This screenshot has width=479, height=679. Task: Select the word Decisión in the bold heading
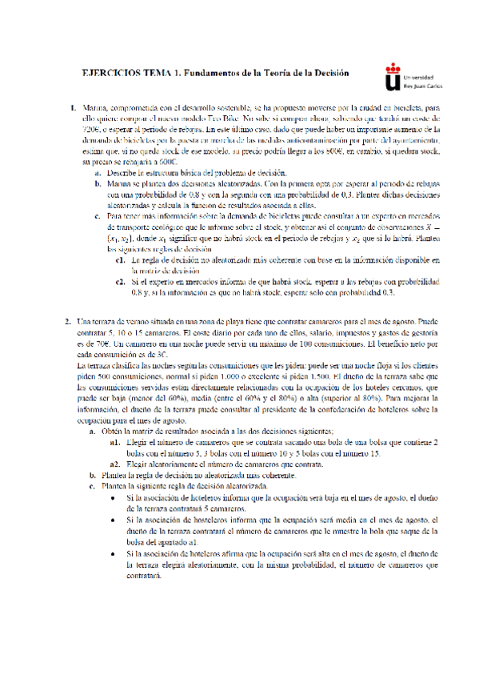click(x=329, y=73)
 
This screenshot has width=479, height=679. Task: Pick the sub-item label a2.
click(x=116, y=464)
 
